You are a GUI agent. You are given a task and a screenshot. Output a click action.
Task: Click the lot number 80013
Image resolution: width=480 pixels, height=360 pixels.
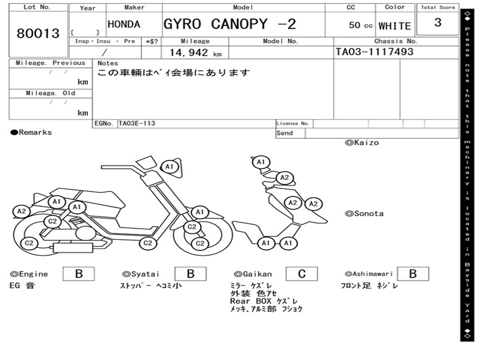pos(38,33)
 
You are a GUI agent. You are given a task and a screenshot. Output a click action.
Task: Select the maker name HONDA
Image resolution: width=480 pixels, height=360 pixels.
pos(124,24)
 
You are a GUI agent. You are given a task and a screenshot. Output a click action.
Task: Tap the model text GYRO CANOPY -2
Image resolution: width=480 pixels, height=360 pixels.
pos(230,24)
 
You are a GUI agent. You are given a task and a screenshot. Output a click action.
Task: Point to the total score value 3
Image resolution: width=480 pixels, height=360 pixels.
pos(438,22)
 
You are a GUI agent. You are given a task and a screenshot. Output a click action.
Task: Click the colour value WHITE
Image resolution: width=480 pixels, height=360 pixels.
pos(395,26)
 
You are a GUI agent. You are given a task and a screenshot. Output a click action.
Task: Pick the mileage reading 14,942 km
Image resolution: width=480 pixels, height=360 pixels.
pos(195,52)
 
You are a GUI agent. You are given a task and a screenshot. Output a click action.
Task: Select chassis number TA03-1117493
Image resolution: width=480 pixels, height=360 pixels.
pos(375,52)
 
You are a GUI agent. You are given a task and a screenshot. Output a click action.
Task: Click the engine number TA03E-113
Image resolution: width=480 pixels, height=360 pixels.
pos(137,123)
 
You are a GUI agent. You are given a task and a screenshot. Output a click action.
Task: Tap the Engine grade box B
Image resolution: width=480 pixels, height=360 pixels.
pos(79,274)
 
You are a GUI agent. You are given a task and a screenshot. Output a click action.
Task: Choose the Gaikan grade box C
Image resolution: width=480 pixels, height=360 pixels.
pos(302,274)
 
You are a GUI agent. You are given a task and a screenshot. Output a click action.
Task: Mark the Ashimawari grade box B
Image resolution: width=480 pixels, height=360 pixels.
pos(413,274)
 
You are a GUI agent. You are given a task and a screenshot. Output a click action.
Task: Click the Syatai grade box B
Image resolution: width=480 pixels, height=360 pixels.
pos(190,274)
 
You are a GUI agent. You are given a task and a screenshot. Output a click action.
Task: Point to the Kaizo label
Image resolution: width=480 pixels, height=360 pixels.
pos(362,142)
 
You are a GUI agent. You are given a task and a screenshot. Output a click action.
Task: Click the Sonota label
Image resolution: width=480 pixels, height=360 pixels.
pos(364,214)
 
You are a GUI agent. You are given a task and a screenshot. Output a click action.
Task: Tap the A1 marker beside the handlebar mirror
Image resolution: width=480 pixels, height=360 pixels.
pos(169,166)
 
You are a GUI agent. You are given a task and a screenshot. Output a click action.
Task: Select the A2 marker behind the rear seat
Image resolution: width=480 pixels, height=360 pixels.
pos(22,211)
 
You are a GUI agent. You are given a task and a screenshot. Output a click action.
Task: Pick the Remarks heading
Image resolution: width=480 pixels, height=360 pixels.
pos(31,132)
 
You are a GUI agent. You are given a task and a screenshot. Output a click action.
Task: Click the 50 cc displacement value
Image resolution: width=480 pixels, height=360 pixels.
pos(360,25)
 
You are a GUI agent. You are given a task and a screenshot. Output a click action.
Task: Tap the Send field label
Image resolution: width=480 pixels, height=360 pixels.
pos(285,133)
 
